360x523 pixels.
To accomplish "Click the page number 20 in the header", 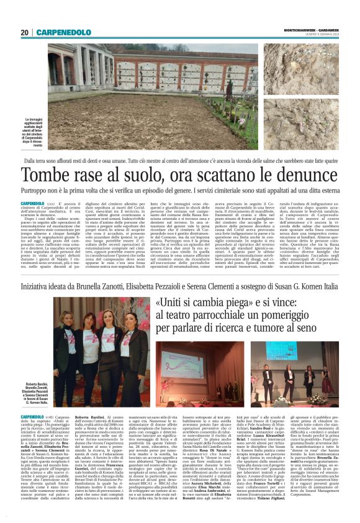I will [x=24, y=32].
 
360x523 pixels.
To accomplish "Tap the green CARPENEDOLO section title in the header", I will [x=63, y=32].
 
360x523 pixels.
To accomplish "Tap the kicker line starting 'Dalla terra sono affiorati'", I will [x=179, y=160].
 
